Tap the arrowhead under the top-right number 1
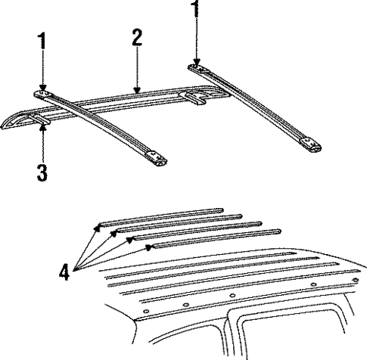tap(197, 64)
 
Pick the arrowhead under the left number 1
tap(44, 90)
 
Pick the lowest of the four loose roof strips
tap(213, 242)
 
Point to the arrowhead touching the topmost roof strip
tap(99, 225)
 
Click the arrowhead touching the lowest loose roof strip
tap(148, 247)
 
